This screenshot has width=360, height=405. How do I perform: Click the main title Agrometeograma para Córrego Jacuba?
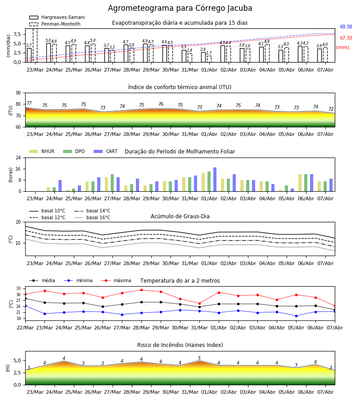[x=180, y=8]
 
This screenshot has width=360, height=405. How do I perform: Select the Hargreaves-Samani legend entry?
[x=57, y=17]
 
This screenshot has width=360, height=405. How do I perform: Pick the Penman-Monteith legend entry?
[x=55, y=24]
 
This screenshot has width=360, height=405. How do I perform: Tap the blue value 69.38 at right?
[x=346, y=27]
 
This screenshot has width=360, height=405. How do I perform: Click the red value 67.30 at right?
[x=346, y=38]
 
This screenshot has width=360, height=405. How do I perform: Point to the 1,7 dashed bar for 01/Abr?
[x=209, y=59]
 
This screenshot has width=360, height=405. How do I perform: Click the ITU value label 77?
[x=29, y=103]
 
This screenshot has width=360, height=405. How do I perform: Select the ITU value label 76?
[x=161, y=104]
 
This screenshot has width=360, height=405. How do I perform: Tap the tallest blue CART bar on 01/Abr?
[x=215, y=180]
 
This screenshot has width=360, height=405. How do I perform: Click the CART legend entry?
[x=106, y=151]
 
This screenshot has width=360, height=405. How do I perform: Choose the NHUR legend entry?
[x=42, y=151]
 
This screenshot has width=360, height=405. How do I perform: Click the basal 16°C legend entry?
[x=92, y=217]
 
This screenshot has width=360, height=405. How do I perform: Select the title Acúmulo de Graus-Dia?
[x=180, y=216]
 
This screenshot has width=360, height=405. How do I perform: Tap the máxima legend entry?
[x=116, y=280]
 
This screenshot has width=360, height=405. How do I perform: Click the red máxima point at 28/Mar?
[x=141, y=290]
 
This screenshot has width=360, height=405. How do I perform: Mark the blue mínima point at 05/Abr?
[x=296, y=316]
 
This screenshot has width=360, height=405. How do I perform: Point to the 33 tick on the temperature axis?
[x=18, y=288]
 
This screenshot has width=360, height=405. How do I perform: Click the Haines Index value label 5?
[x=199, y=358]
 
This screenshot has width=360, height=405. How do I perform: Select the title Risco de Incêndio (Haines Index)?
[x=180, y=345]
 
